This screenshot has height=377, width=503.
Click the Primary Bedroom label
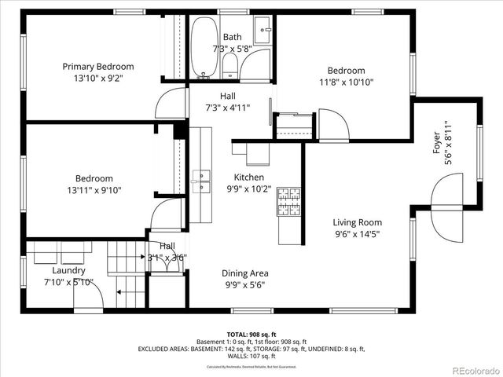click(x=94, y=66)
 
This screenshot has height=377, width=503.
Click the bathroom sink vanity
click(x=263, y=36)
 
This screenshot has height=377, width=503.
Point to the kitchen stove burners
click(x=288, y=202)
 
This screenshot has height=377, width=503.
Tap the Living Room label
click(x=357, y=222)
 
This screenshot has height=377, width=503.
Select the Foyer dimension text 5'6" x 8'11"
click(x=448, y=141)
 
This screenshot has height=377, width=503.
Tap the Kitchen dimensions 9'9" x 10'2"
click(x=249, y=188)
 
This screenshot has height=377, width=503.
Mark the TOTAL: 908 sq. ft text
click(x=251, y=334)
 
